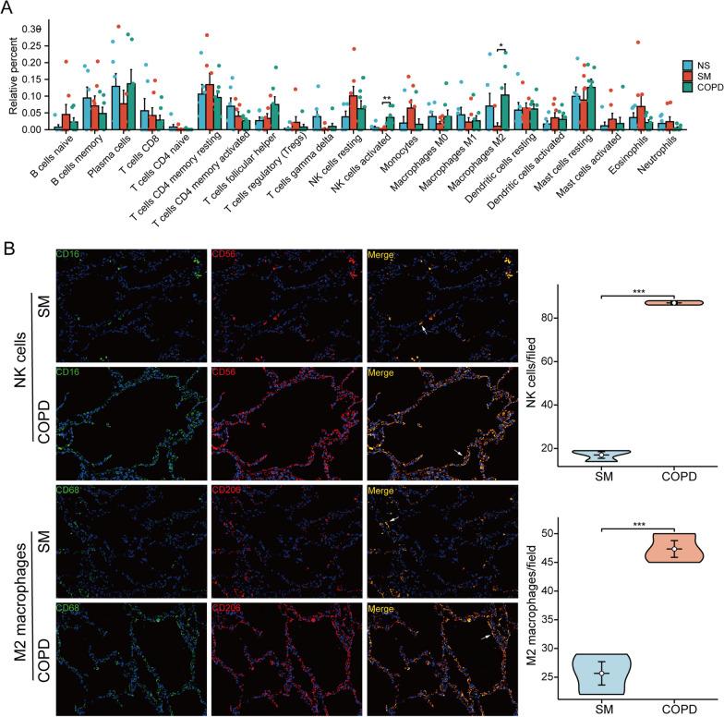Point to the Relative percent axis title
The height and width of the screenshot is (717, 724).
pyautogui.click(x=12, y=81)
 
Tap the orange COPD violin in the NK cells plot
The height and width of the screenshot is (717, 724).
pyautogui.click(x=674, y=302)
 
